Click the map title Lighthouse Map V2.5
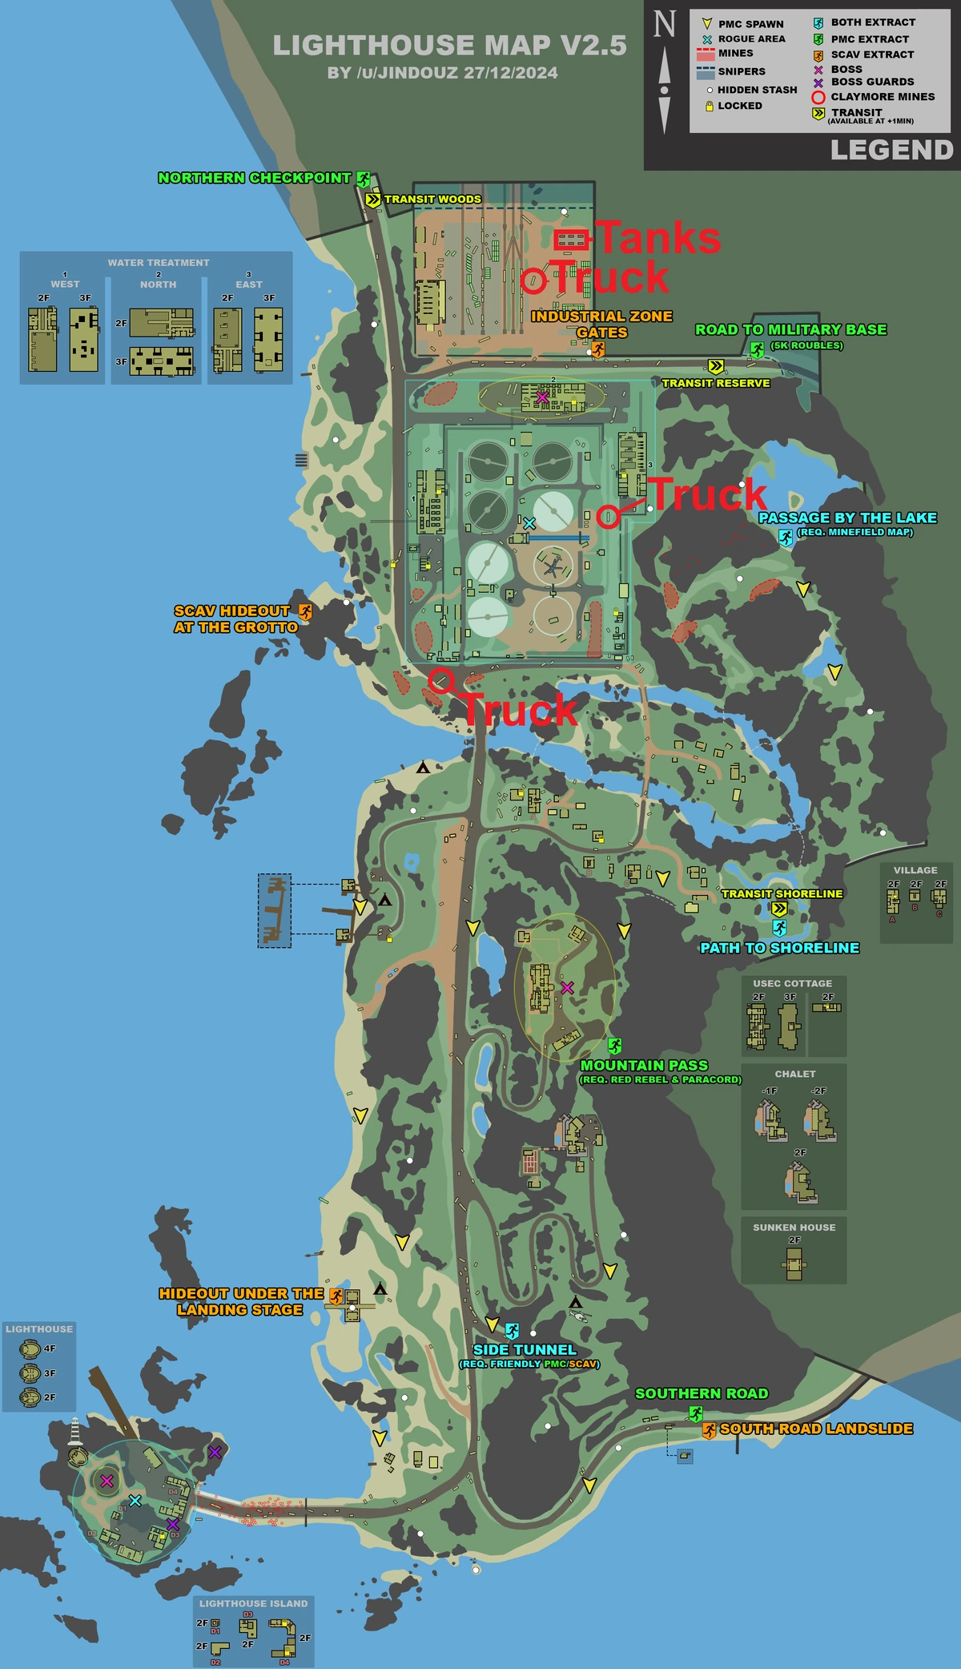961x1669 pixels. click(x=449, y=46)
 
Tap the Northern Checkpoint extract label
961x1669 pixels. click(x=255, y=178)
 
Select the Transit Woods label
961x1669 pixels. click(x=432, y=199)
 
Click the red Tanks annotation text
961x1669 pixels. click(x=659, y=238)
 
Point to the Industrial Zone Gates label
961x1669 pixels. click(x=601, y=324)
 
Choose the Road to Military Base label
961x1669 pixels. click(x=790, y=329)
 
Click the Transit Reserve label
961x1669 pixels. click(x=715, y=383)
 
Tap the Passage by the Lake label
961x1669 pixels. click(x=847, y=518)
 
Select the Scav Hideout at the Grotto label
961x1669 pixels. click(x=235, y=619)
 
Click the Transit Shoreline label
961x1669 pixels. click(x=782, y=893)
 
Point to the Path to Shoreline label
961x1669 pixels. click(x=779, y=948)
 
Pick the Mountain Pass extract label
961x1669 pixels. click(x=644, y=1065)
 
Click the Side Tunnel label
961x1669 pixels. click(x=525, y=1350)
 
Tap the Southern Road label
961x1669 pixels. click(x=702, y=1393)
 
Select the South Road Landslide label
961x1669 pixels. click(x=816, y=1429)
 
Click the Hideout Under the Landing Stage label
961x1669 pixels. click(x=240, y=1301)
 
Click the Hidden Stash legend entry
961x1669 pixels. click(x=757, y=90)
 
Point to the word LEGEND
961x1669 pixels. click(x=891, y=150)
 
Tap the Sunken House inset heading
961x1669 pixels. click(x=794, y=1227)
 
